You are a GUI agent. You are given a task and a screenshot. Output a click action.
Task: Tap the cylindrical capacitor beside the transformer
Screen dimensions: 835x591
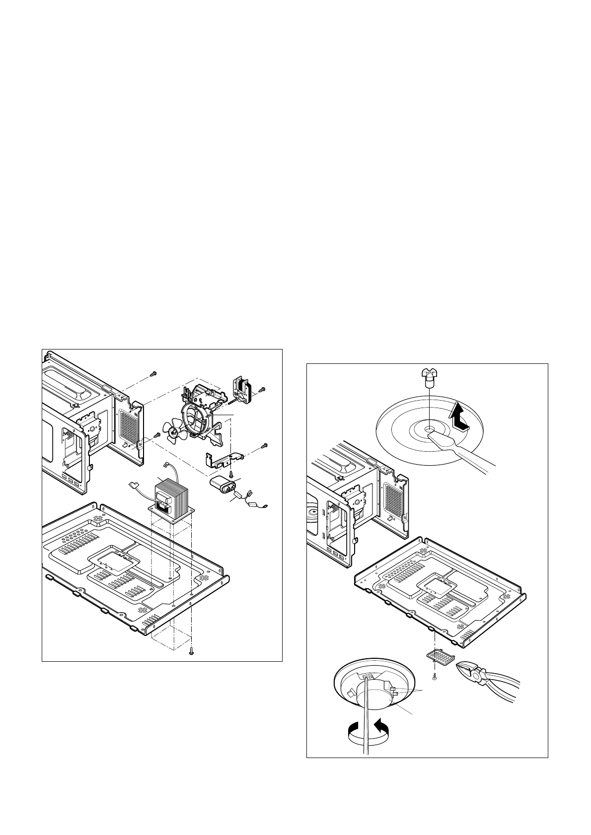pos(222,483)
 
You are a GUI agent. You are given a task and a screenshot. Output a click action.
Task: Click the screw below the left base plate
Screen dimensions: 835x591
pos(192,653)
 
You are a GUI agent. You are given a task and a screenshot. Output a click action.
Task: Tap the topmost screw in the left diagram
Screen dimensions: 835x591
pos(153,372)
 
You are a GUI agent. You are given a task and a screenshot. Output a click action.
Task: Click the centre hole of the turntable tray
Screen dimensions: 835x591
pos(429,427)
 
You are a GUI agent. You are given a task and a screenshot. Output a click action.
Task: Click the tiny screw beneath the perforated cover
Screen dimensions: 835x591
pos(434,676)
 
